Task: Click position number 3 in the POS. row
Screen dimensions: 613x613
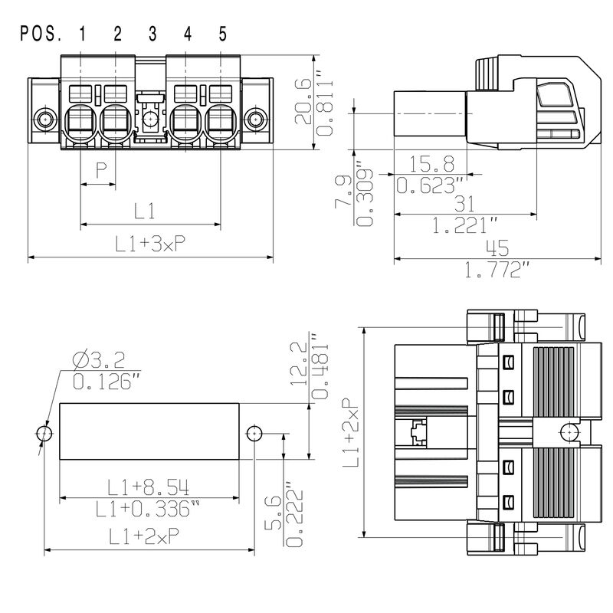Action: pos(152,34)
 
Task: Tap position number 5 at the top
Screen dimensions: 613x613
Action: pos(222,34)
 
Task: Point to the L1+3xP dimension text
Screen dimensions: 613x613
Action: pos(151,244)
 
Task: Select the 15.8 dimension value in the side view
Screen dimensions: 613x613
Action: pos(431,163)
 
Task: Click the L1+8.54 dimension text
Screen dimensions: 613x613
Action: pos(149,486)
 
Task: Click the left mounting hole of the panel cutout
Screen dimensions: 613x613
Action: pos(44,434)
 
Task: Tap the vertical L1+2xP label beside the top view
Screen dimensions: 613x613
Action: pos(349,433)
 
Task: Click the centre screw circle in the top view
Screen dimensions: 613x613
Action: pos(568,433)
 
